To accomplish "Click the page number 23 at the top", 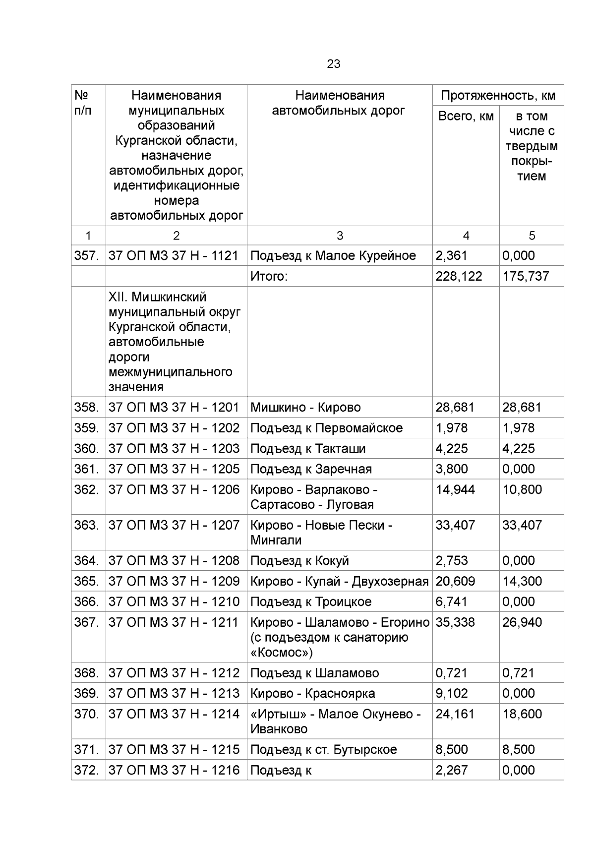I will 333,64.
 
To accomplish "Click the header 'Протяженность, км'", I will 498,95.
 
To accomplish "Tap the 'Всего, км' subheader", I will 466,116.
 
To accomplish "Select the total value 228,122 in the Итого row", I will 458,276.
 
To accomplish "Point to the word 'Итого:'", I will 269,276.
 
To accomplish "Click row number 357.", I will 87,256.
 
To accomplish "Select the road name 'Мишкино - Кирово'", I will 305,408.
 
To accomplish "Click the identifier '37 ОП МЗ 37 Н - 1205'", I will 174,469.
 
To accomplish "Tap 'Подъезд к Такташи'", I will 308,449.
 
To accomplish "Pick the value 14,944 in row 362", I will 455,490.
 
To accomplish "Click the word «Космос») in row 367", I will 282,653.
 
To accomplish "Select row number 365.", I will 87,581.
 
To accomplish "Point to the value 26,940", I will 522,622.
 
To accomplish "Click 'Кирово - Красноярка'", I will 312,694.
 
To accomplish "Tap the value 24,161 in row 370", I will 455,714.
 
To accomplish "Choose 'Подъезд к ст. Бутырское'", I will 323,750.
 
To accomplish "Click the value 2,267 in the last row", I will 451,770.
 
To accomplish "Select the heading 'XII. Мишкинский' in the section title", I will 157,297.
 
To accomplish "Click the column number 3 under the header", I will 340,236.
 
